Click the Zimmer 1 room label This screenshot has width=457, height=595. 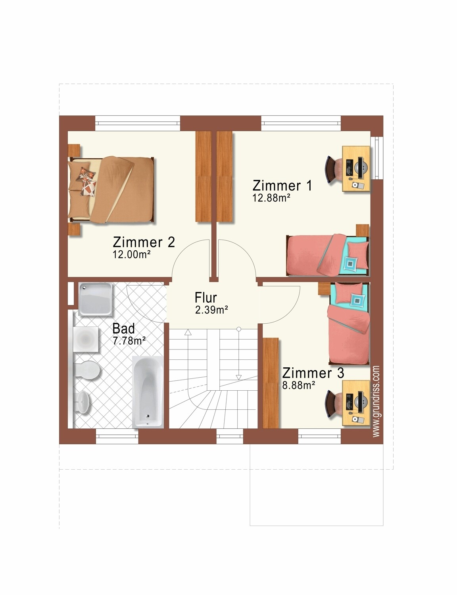282,185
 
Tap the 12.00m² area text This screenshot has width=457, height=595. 132,255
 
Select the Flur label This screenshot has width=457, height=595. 205,297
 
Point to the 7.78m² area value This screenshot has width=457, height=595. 129,341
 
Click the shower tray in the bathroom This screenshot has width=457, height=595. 95,299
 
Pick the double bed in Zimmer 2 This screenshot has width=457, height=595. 111,190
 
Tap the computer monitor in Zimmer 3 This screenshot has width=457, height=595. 361,402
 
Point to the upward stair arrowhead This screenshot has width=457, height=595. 188,332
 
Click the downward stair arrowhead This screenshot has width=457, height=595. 239,377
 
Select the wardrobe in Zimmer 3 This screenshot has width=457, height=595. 271,383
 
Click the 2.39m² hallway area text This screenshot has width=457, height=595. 212,310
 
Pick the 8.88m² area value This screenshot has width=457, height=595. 298,385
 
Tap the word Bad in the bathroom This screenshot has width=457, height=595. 123,328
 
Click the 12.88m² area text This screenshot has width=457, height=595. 271,198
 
